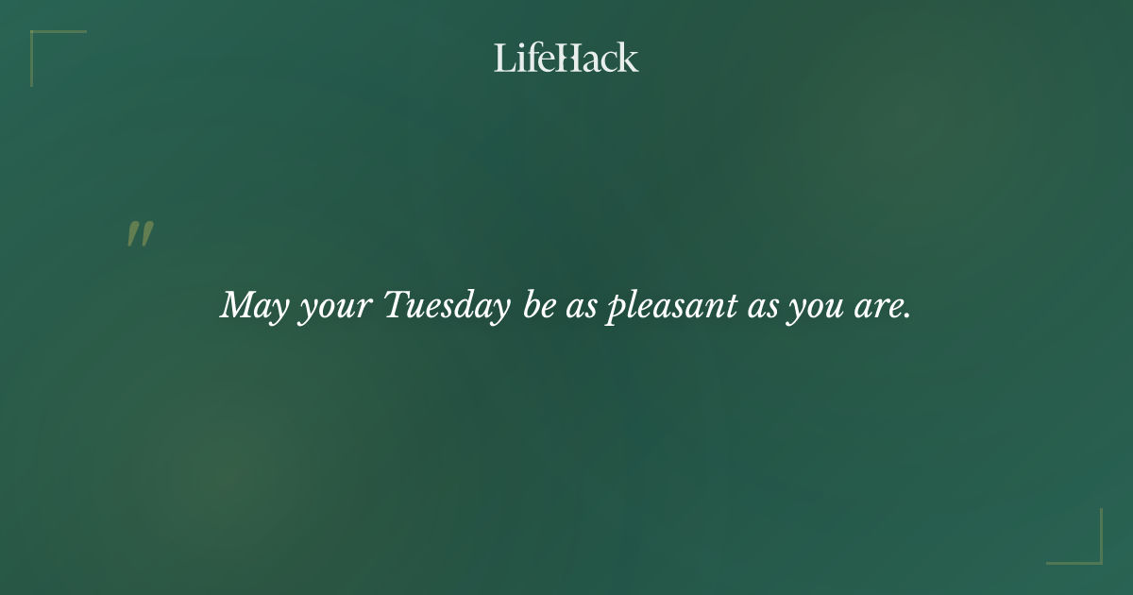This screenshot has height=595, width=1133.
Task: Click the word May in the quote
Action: coord(253,306)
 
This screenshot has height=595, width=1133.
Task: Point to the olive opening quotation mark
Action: coord(140,234)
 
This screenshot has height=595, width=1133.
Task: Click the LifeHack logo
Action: coord(566,58)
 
